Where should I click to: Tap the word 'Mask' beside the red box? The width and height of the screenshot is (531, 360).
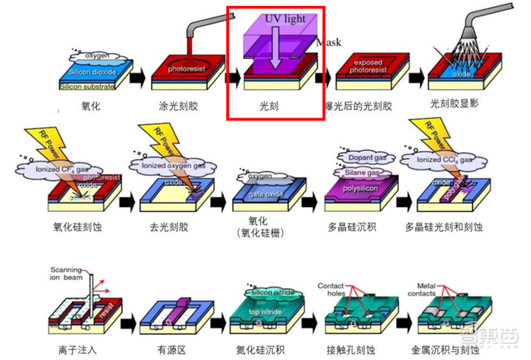coord(328,43)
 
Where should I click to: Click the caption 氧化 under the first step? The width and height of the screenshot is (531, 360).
coord(90,106)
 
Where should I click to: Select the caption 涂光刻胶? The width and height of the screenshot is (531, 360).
coord(182,106)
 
